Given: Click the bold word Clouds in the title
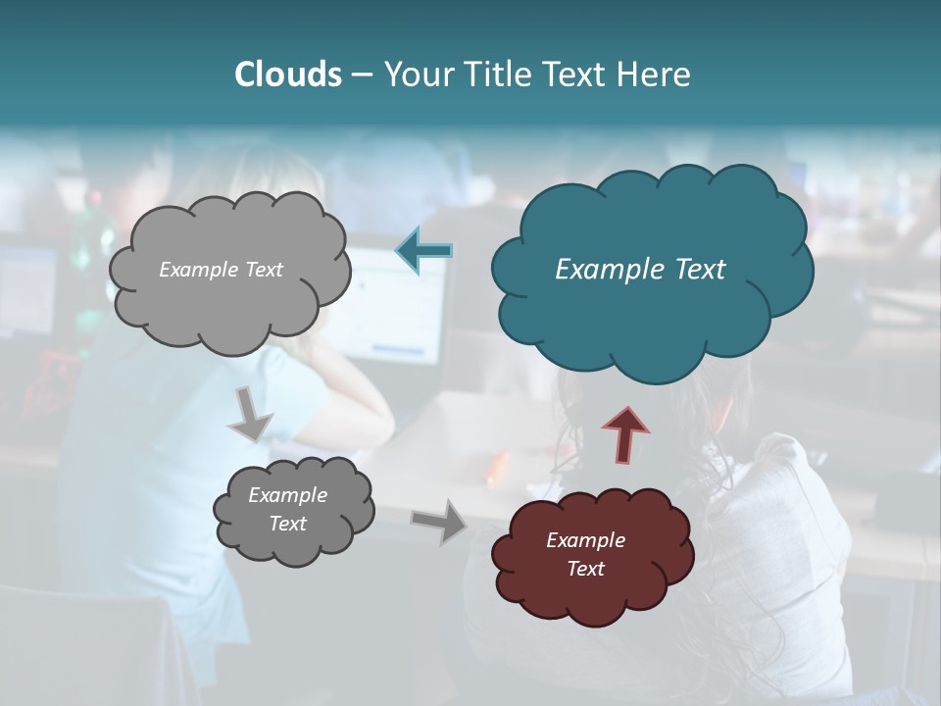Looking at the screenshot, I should point(287,75).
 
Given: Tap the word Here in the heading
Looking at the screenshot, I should point(655,75).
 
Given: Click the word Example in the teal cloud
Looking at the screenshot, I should point(604,270).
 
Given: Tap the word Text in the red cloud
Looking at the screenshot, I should point(586,569).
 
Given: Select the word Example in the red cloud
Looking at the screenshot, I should point(586,540).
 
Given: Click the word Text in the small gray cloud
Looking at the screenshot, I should point(288,524).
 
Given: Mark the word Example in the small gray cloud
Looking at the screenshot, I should point(288,495).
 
